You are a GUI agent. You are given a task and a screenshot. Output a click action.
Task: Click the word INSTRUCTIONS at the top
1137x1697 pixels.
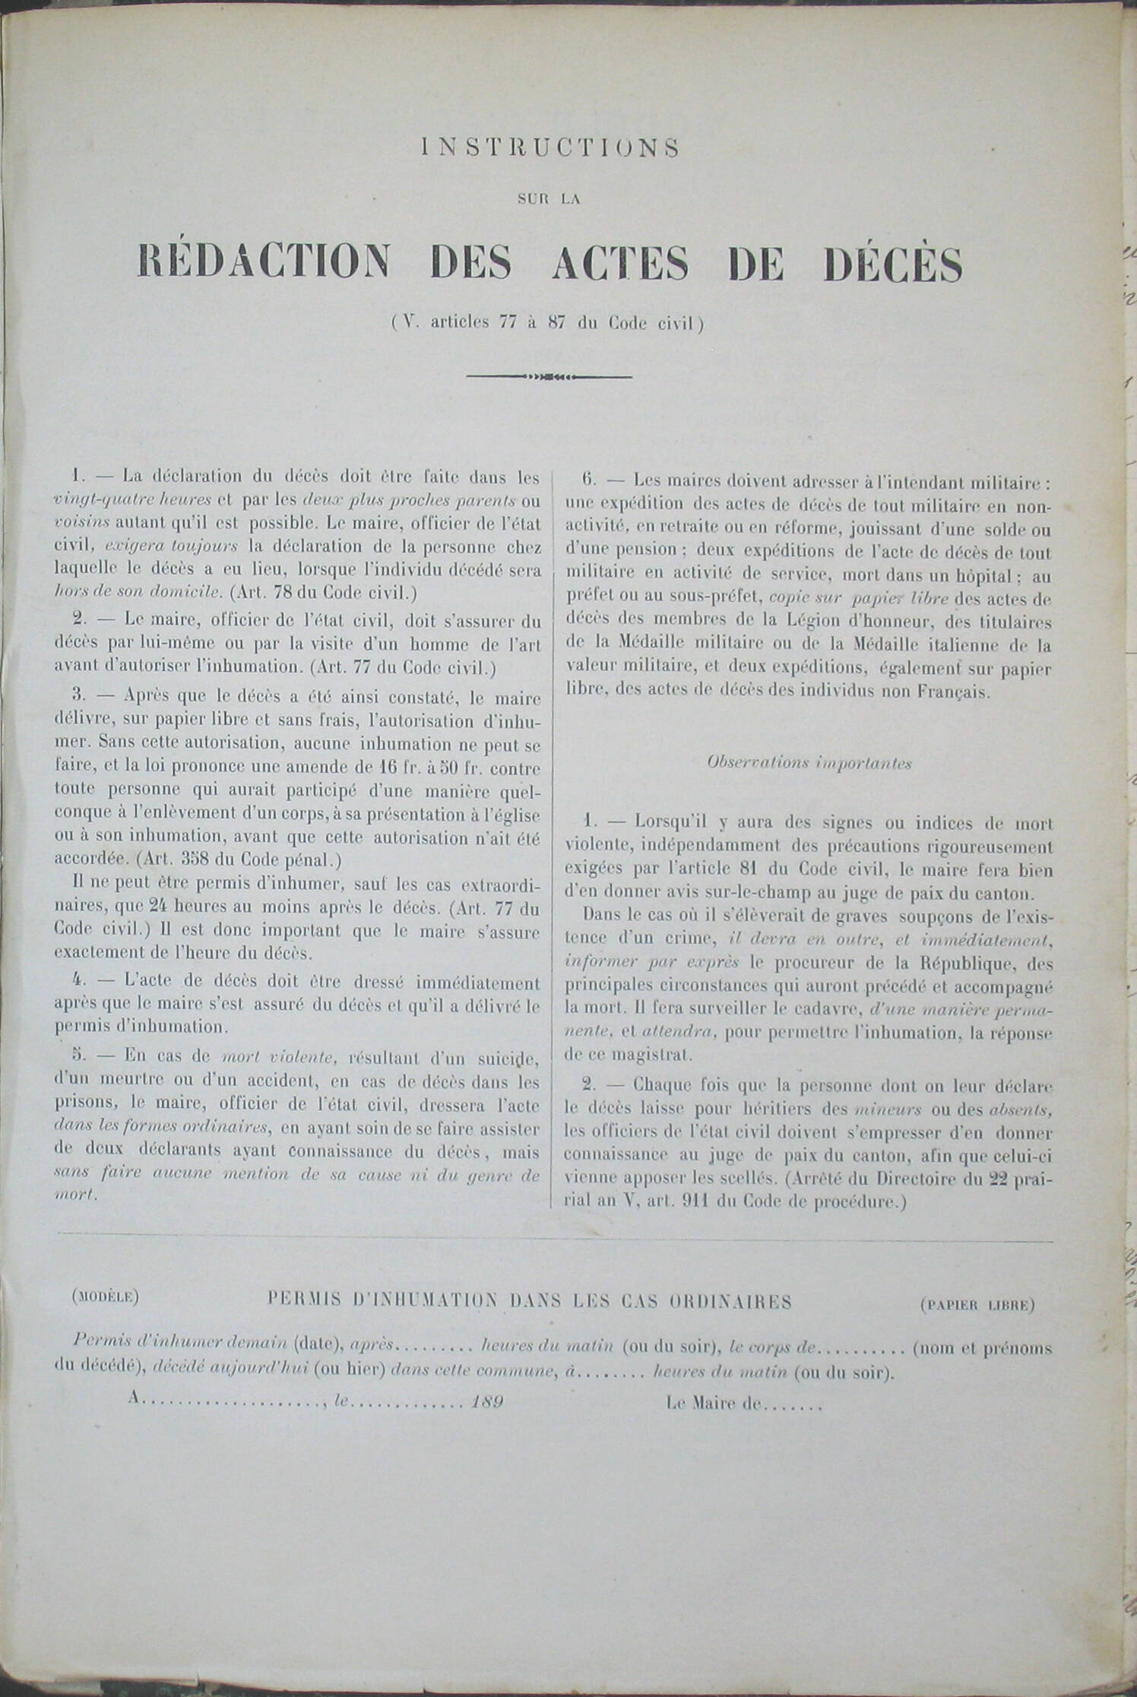549,148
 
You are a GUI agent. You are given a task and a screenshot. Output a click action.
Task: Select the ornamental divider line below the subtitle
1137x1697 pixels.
549,376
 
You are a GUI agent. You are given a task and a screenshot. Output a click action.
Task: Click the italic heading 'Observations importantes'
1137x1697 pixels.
809,763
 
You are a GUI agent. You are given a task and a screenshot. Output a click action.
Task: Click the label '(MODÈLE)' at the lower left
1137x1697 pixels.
104,1298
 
